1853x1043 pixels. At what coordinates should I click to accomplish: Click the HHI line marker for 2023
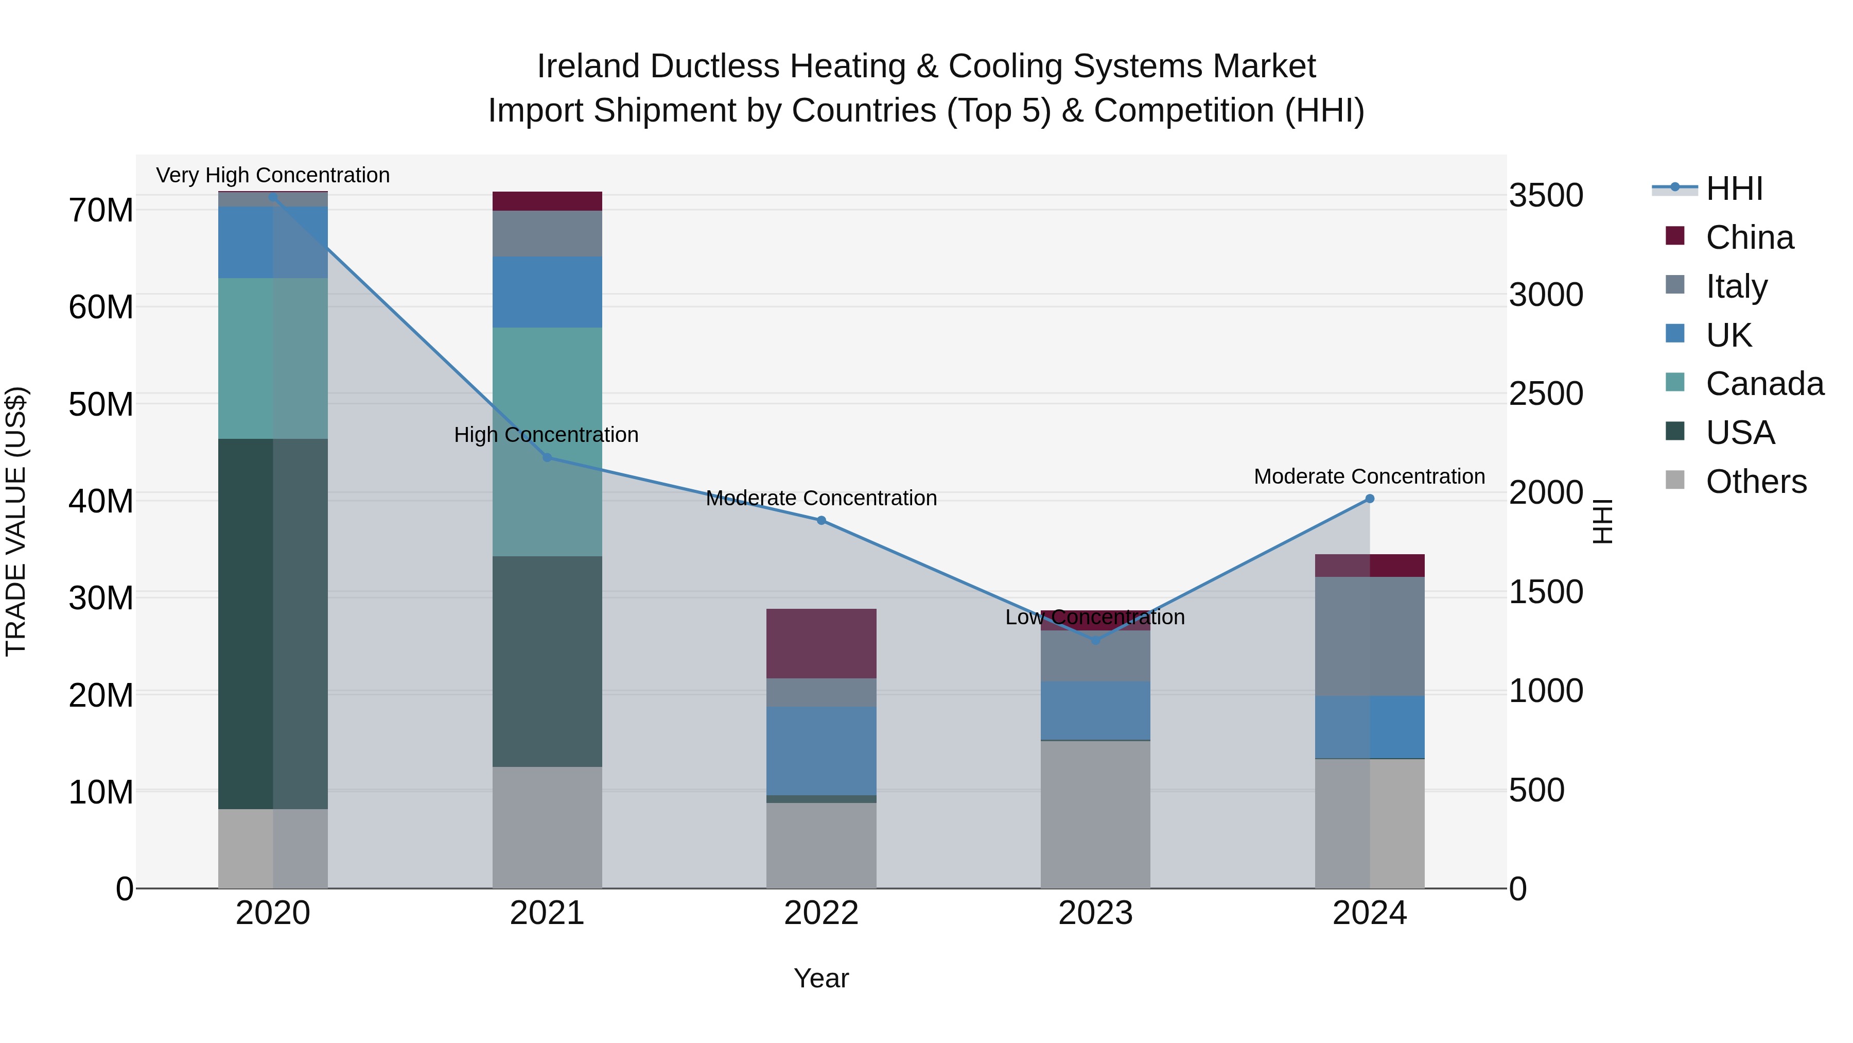(x=1095, y=640)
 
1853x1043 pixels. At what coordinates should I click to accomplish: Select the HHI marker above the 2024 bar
(x=1370, y=499)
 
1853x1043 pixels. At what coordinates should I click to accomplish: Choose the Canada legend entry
(x=1764, y=384)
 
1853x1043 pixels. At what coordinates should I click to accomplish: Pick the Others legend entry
(x=1755, y=482)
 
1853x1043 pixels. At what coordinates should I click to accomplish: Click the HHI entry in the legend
(x=1734, y=189)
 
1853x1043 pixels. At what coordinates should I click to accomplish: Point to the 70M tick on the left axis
(x=101, y=211)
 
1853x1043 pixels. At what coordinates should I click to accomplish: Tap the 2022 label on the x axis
(x=821, y=913)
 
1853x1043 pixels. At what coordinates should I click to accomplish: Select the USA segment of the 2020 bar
(x=273, y=623)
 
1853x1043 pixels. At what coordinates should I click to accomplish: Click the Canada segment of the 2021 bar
(x=547, y=441)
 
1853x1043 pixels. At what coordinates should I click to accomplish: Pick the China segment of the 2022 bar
(x=821, y=643)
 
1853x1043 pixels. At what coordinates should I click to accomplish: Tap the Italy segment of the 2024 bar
(x=1370, y=636)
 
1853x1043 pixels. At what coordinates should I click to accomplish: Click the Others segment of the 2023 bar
(x=1095, y=813)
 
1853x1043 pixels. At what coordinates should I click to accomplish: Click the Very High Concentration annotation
(x=273, y=175)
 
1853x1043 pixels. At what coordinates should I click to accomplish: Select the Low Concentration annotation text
(x=1095, y=617)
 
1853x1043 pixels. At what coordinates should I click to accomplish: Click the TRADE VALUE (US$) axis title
(x=16, y=521)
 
